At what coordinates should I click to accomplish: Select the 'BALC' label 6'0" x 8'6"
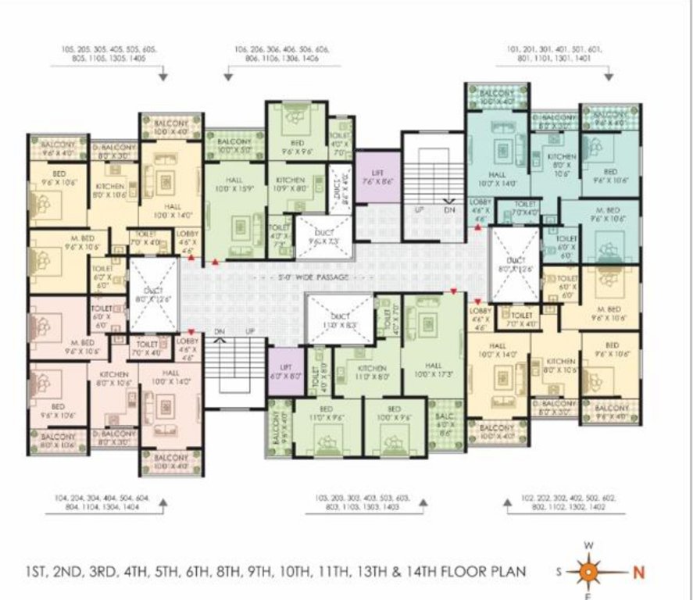pyautogui.click(x=445, y=423)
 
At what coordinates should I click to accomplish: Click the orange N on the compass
pyautogui.click(x=638, y=572)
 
